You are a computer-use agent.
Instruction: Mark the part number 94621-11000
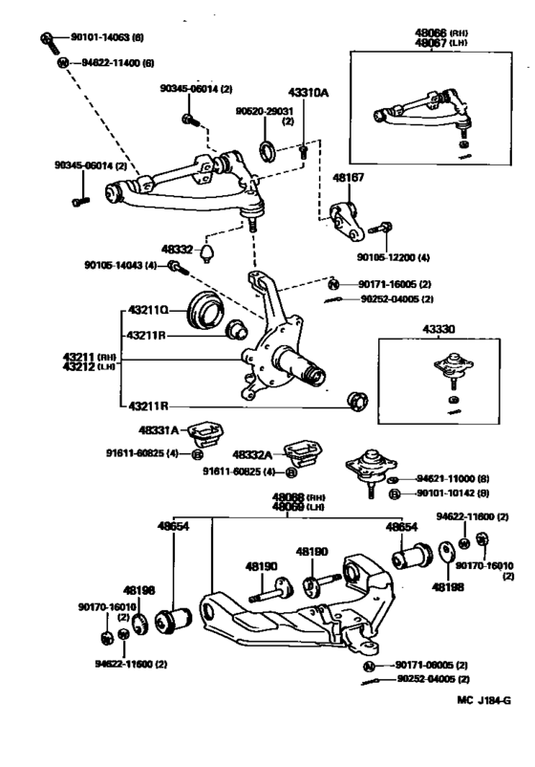point(451,478)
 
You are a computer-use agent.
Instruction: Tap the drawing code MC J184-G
point(483,726)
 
